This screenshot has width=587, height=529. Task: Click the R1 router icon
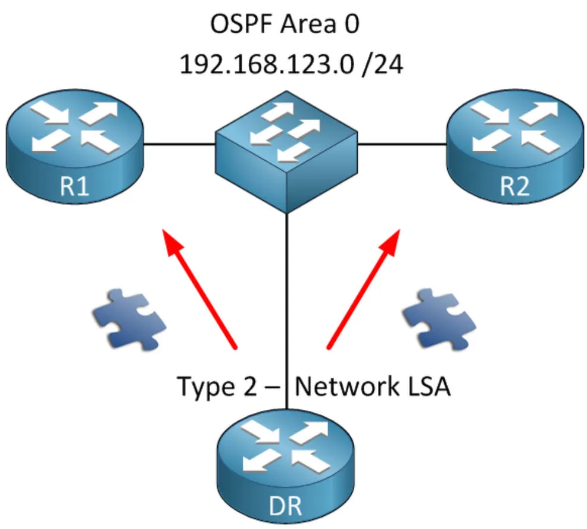(x=74, y=146)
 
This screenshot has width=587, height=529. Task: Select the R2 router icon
(x=514, y=146)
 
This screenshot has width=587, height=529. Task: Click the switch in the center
(x=286, y=149)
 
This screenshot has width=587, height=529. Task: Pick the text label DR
(x=286, y=508)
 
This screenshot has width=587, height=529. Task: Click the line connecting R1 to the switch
(x=179, y=144)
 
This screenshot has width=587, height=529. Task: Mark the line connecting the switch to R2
(x=402, y=144)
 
